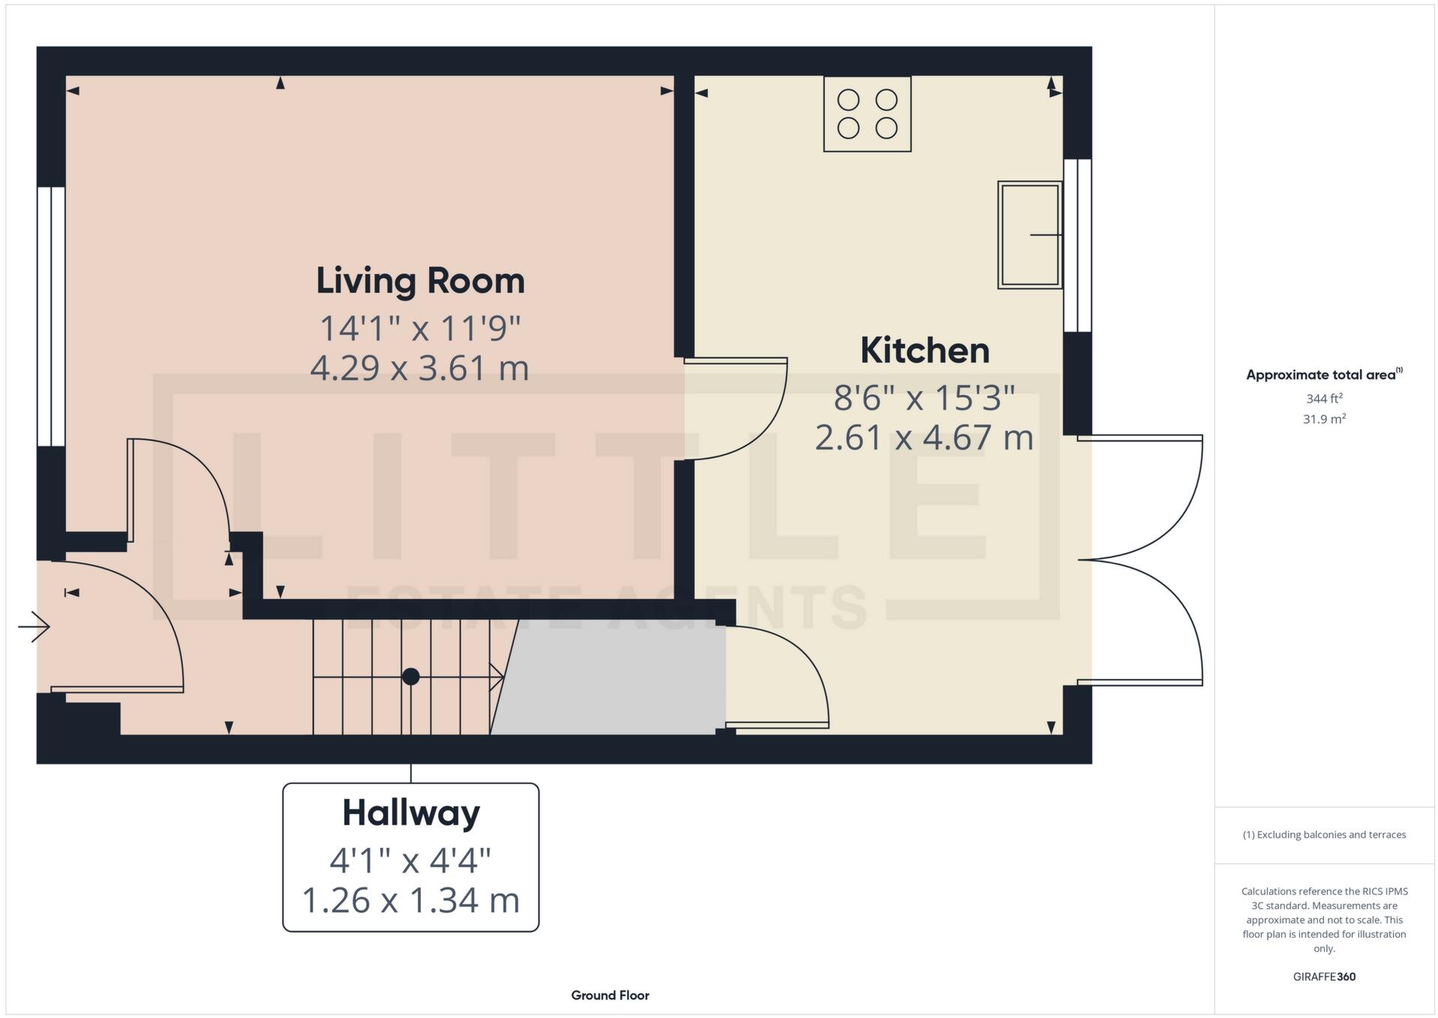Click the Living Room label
click(x=420, y=281)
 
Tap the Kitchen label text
click(x=924, y=350)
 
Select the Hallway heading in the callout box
click(x=410, y=813)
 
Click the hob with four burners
click(x=867, y=114)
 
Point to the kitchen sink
click(x=1029, y=235)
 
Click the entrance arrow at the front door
click(x=34, y=626)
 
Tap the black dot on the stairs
click(x=410, y=677)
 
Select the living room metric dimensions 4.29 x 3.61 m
click(x=419, y=368)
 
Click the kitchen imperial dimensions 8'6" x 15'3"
click(x=924, y=398)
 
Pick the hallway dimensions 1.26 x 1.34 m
click(x=410, y=900)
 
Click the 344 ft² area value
click(x=1323, y=398)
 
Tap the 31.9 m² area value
click(x=1323, y=419)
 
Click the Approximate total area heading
click(x=1323, y=374)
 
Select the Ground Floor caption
click(x=610, y=995)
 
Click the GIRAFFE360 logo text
click(x=1324, y=977)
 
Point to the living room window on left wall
click(x=51, y=316)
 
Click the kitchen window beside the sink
click(x=1077, y=245)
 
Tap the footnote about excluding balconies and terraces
click(x=1324, y=835)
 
